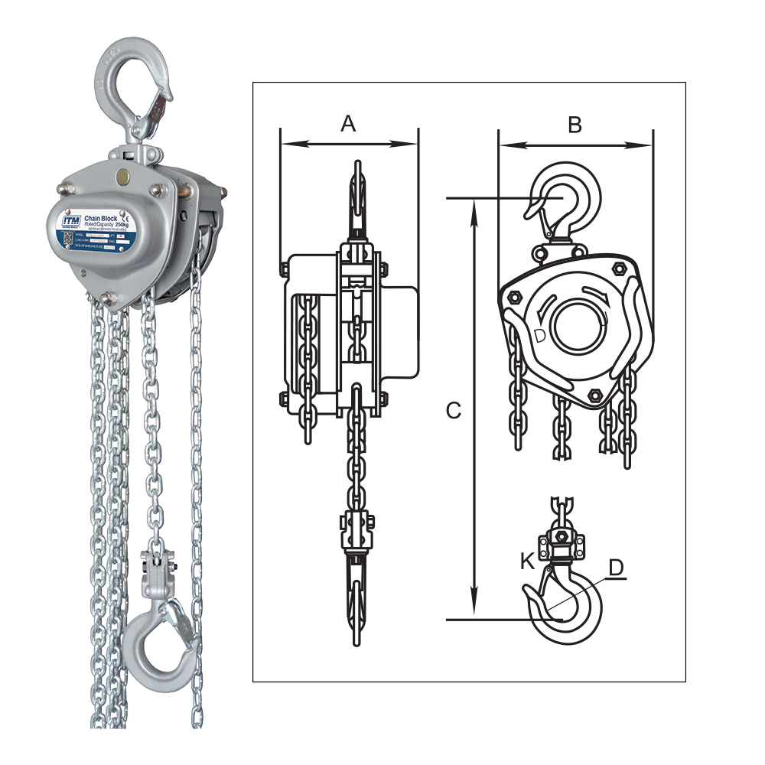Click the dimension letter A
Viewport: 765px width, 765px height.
(x=348, y=122)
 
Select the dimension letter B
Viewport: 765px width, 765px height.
(x=575, y=125)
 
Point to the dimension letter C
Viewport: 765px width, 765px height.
(x=454, y=411)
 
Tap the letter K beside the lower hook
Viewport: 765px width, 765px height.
(x=527, y=561)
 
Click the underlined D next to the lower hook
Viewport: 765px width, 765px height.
(x=617, y=568)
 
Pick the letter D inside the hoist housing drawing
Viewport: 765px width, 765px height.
(x=539, y=335)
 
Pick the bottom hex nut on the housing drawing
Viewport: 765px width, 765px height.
(x=594, y=396)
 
